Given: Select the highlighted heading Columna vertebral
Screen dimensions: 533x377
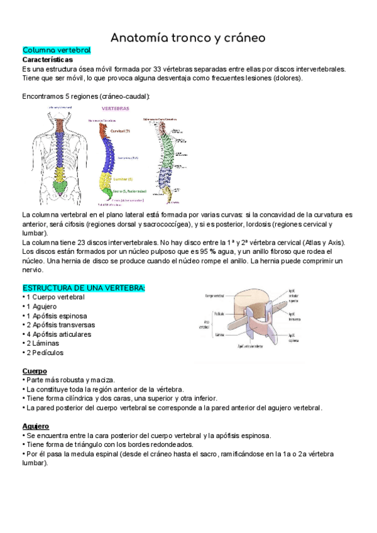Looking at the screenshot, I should (x=57, y=50).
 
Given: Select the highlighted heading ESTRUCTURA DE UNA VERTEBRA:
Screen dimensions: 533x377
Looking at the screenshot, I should (x=84, y=288).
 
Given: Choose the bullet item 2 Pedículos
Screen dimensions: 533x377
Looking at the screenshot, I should (x=46, y=353).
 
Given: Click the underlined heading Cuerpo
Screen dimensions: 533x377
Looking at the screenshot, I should (x=35, y=371).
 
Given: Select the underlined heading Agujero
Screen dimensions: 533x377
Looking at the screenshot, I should (x=36, y=426).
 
